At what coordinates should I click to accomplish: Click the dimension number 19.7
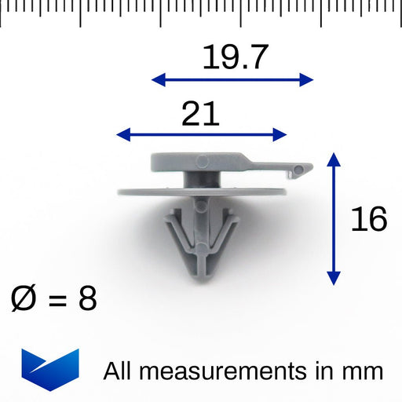click(x=235, y=57)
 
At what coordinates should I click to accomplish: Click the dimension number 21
click(x=200, y=115)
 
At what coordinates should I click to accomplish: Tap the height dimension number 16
click(x=368, y=220)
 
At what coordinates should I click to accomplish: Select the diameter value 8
click(x=87, y=299)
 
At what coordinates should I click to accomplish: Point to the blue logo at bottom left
click(x=50, y=364)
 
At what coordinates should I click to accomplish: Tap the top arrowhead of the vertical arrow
click(x=334, y=159)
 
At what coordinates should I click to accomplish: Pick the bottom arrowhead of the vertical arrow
click(x=334, y=279)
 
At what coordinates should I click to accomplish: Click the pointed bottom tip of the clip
click(x=200, y=278)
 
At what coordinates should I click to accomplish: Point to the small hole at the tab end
click(x=298, y=169)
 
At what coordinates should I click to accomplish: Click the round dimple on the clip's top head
click(x=201, y=161)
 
